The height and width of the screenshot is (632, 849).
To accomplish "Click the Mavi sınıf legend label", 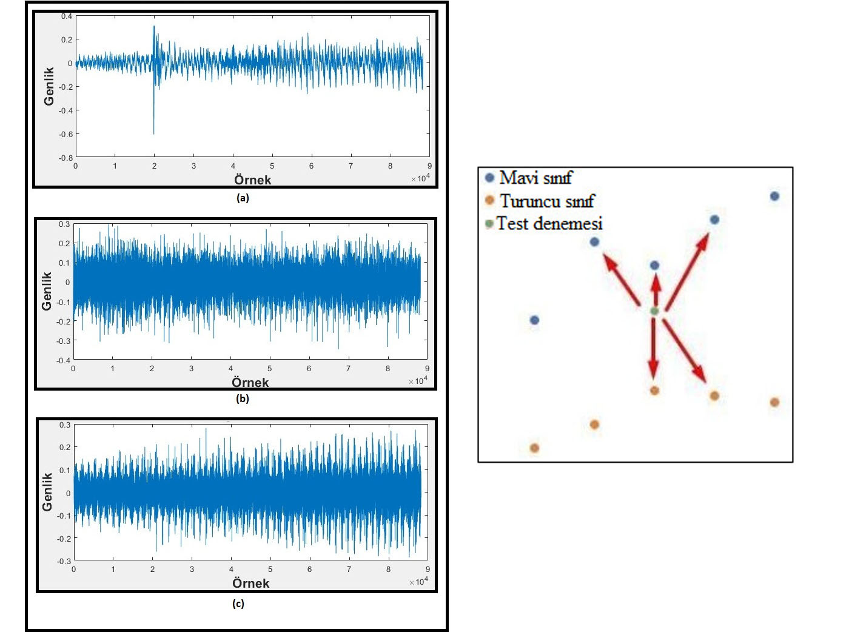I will pos(535,178).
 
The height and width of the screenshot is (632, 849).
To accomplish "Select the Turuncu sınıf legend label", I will pos(546,201).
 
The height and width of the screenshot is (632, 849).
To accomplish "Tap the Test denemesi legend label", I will pos(549,224).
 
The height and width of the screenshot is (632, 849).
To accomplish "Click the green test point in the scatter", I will pos(654,311).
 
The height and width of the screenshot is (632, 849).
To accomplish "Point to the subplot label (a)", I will pos(243,198).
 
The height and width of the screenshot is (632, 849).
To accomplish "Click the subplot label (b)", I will pos(243,398).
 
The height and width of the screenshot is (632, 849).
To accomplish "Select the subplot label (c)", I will pos(238,603).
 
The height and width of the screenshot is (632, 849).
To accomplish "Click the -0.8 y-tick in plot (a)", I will pos(65,158).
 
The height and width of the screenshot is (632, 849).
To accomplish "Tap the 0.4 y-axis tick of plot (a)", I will pos(67,16).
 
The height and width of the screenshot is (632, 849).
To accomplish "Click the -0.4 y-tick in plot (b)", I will pos(64,360).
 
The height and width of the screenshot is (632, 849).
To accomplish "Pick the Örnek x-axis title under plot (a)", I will pos(252,180).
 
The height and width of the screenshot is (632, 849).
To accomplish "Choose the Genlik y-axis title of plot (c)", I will pos(47,492).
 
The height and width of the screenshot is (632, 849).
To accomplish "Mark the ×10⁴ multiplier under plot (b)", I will pos(418,381).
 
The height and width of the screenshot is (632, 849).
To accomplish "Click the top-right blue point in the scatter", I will pos(774,196).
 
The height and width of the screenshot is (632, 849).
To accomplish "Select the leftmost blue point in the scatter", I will pos(534,320).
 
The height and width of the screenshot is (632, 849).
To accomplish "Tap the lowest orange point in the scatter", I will pos(534,448).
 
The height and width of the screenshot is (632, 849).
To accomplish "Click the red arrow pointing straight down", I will pos(653,349).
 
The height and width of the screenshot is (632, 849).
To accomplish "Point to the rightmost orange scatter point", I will pos(774,402).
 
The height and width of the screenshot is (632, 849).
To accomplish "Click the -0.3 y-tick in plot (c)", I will pos(64,561).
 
